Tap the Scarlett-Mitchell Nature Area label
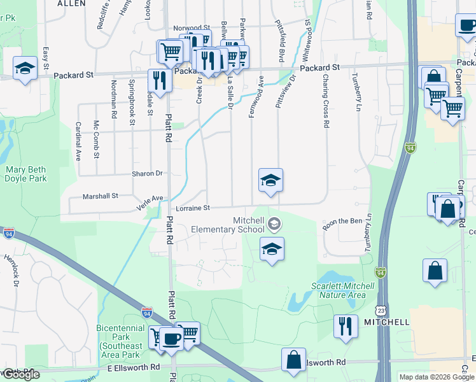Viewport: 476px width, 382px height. point(338,290)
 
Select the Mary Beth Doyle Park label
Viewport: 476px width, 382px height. point(26,174)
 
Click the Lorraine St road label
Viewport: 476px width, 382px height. point(189,208)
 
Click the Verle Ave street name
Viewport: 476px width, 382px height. point(150,202)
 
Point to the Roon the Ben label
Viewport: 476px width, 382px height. point(342,221)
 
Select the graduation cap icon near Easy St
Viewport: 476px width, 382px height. point(25,67)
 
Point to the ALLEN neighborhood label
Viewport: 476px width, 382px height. point(71,3)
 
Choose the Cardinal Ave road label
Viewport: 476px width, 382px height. point(79,141)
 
